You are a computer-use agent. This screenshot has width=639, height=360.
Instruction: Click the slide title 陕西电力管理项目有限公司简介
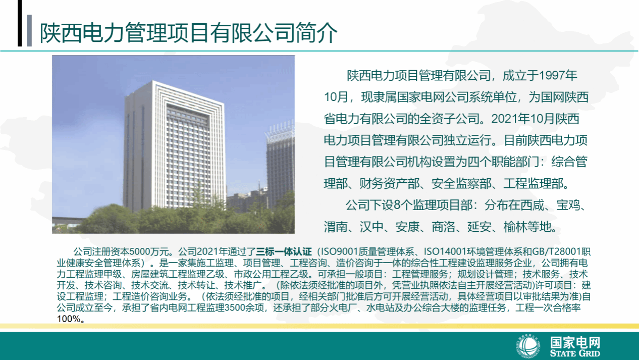pyautogui.click(x=189, y=33)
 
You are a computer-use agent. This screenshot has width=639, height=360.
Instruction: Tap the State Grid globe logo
pyautogui.click(x=528, y=346)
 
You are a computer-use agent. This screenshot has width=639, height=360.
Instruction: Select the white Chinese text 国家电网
pyautogui.click(x=575, y=342)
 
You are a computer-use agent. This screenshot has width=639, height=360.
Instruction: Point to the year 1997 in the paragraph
pyautogui.click(x=551, y=76)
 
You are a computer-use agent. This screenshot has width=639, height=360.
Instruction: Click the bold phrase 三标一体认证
pyautogui.click(x=284, y=252)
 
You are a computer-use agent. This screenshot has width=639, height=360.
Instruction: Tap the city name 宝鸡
pyautogui.click(x=568, y=205)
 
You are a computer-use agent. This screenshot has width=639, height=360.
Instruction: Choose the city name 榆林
pyautogui.click(x=515, y=227)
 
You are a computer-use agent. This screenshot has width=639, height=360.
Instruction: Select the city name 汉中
pyautogui.click(x=371, y=227)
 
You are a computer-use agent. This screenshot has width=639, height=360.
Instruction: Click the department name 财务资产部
pyautogui.click(x=389, y=184)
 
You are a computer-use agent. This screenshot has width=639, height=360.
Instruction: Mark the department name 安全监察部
pyautogui.click(x=461, y=184)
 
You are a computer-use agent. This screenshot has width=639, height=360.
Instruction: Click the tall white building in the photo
pyautogui.click(x=174, y=145)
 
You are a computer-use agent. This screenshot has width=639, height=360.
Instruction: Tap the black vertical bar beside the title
pyautogui.click(x=20, y=23)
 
